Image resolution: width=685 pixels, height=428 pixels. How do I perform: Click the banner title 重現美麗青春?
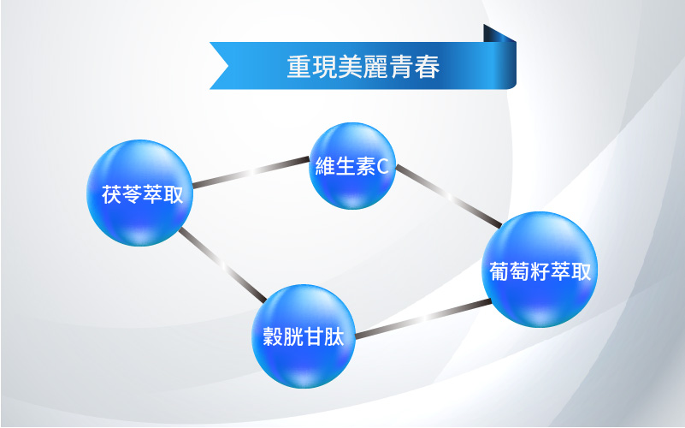(363, 67)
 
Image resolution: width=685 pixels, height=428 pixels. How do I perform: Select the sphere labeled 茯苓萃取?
(139, 193)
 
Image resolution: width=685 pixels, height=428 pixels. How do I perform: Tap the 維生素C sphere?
(352, 166)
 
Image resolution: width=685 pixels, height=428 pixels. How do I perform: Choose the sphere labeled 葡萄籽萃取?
(540, 270)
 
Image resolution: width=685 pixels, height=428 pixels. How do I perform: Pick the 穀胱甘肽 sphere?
(304, 336)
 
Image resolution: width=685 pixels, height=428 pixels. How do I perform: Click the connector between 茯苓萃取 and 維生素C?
(251, 172)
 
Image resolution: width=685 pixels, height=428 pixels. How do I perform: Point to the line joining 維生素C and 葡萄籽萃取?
(449, 196)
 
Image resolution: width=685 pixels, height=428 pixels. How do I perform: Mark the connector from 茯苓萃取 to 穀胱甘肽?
(222, 265)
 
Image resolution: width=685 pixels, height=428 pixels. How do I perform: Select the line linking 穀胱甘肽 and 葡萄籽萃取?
(422, 318)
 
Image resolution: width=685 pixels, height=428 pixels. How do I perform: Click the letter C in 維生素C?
(382, 167)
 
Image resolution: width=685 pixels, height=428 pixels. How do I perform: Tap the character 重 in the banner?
(299, 67)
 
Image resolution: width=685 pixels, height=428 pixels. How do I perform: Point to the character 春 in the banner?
(428, 67)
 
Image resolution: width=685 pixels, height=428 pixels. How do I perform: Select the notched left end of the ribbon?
(219, 66)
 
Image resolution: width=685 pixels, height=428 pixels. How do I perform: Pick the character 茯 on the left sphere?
(111, 194)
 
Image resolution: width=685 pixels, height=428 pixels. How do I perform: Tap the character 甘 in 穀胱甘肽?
(314, 336)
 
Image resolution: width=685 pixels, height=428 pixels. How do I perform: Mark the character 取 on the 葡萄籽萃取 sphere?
(581, 271)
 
